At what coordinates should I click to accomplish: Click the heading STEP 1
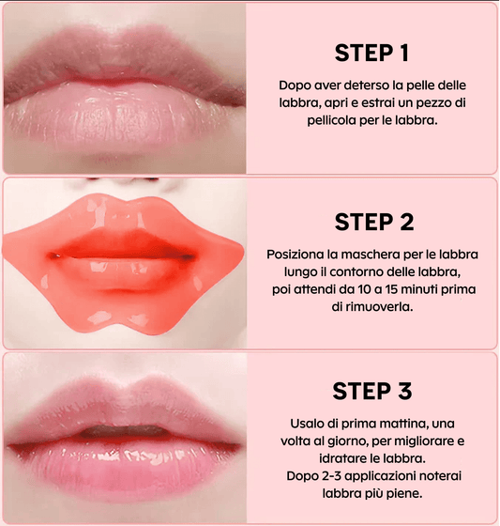(373, 51)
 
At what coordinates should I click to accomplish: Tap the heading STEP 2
(373, 223)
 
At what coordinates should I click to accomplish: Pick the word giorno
(361, 442)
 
